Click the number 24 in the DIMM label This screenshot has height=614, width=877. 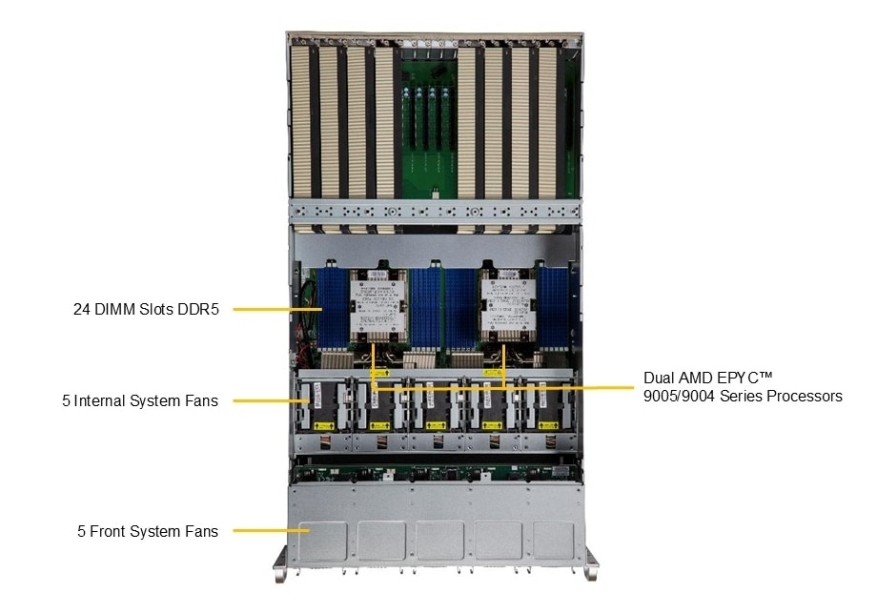click(82, 309)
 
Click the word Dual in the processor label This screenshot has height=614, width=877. click(660, 377)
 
